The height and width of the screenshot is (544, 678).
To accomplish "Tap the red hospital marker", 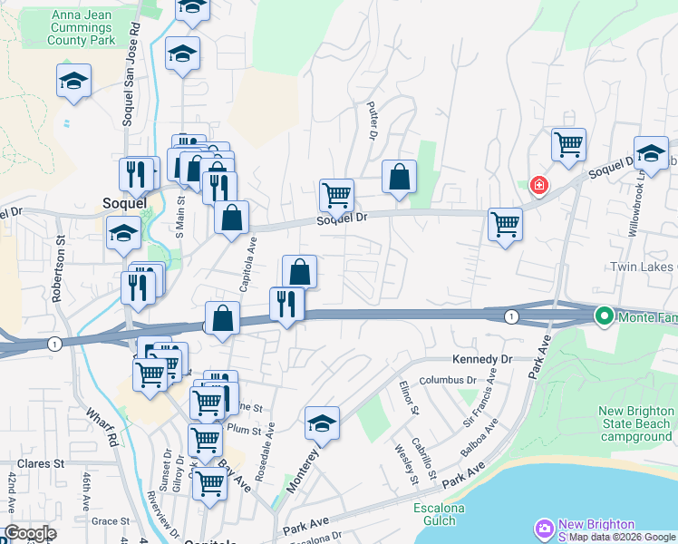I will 539,185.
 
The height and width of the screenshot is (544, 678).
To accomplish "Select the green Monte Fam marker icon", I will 605,316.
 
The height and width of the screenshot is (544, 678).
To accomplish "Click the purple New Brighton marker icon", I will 544,528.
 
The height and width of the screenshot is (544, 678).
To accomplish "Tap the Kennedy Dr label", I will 481,359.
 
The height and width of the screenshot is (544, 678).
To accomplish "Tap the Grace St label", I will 111,521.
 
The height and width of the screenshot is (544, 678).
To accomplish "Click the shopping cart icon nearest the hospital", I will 568,144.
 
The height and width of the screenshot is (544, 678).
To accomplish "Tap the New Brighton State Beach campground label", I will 636,424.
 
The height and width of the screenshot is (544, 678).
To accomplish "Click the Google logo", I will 30,533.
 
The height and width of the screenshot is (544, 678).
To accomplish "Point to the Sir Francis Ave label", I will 480,398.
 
